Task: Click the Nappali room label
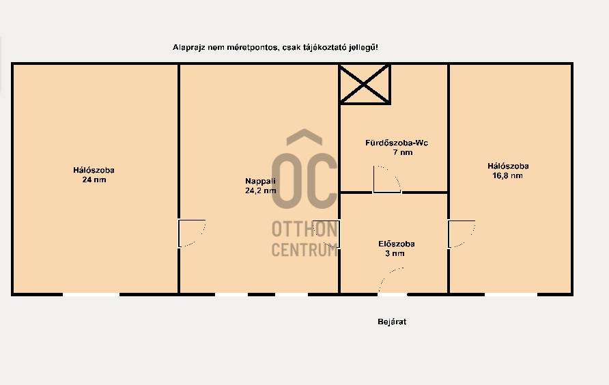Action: point(260,181)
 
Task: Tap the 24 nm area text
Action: point(94,180)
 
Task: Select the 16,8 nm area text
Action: point(508,175)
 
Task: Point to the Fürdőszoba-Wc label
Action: point(397,143)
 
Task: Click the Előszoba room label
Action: point(396,244)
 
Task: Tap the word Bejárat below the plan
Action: point(392,322)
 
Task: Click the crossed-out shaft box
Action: point(365,84)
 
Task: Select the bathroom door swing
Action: point(387,179)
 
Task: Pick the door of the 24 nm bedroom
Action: point(192,233)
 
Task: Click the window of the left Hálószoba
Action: point(91,295)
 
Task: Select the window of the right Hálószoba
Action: point(511,295)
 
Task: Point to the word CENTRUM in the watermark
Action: point(304,249)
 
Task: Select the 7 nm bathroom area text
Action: point(403,152)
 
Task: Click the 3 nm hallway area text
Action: point(395,254)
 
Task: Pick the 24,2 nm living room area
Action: point(261,190)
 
